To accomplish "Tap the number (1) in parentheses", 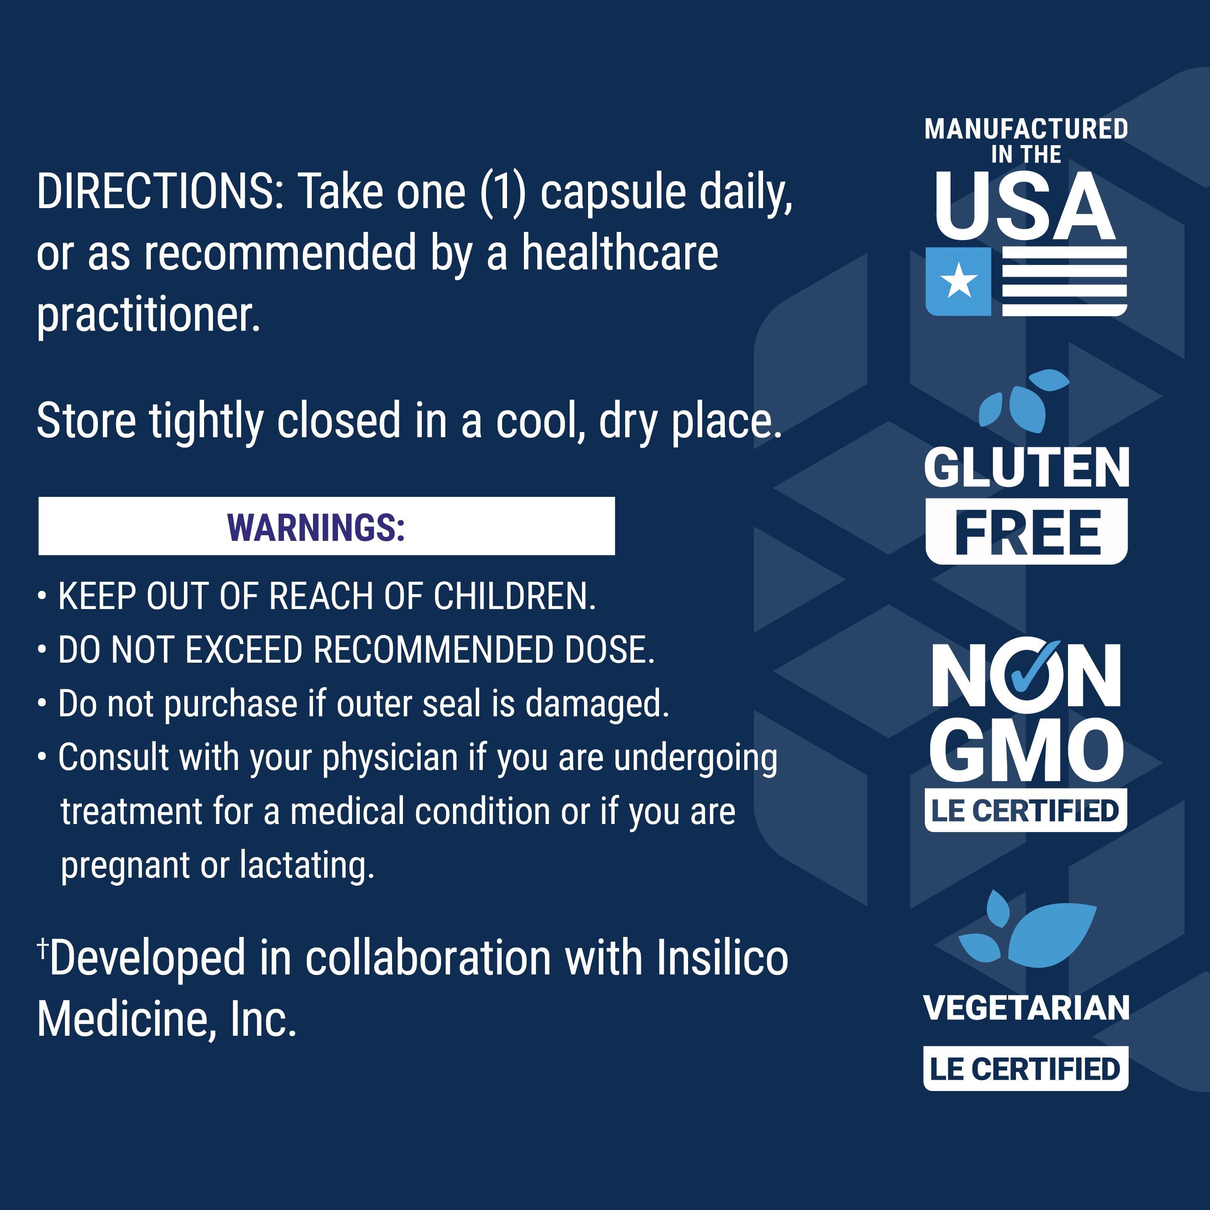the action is [503, 194].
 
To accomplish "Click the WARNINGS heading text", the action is [316, 527].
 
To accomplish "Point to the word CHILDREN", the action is [514, 596].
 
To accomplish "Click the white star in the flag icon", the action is [959, 281].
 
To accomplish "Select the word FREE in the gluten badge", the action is [1027, 533].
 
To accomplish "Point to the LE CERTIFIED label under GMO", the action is [1026, 810].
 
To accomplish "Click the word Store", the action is [86, 420].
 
